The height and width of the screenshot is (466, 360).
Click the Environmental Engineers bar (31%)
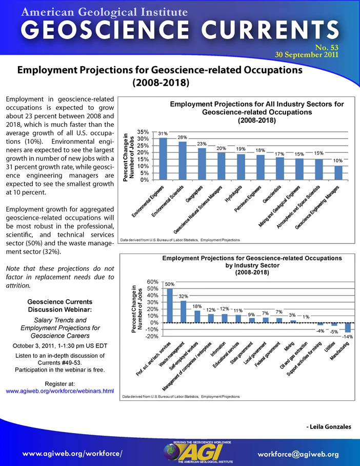tap(163, 159)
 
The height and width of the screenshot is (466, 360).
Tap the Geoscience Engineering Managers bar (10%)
tap(338, 172)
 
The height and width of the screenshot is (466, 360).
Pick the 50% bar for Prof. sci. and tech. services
tap(170, 305)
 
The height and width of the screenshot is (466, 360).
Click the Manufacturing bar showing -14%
tap(348, 327)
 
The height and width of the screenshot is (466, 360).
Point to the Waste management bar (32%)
tap(184, 312)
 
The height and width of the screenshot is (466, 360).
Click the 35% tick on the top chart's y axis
tap(143, 132)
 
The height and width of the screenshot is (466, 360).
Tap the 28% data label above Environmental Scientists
tap(183, 138)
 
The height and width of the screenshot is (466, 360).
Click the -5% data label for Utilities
tap(334, 332)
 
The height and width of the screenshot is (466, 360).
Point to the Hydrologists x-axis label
tap(233, 194)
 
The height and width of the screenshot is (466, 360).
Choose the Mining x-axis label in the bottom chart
tap(289, 346)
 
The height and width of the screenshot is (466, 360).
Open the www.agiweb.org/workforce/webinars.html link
tap(59, 391)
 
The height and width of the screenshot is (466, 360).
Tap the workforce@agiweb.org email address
tap(298, 454)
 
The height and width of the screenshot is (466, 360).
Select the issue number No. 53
tap(327, 48)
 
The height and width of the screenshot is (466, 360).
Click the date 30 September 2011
tap(307, 55)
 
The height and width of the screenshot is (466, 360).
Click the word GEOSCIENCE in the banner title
tap(105, 29)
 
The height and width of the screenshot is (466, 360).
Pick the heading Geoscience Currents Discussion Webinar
tap(60, 305)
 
